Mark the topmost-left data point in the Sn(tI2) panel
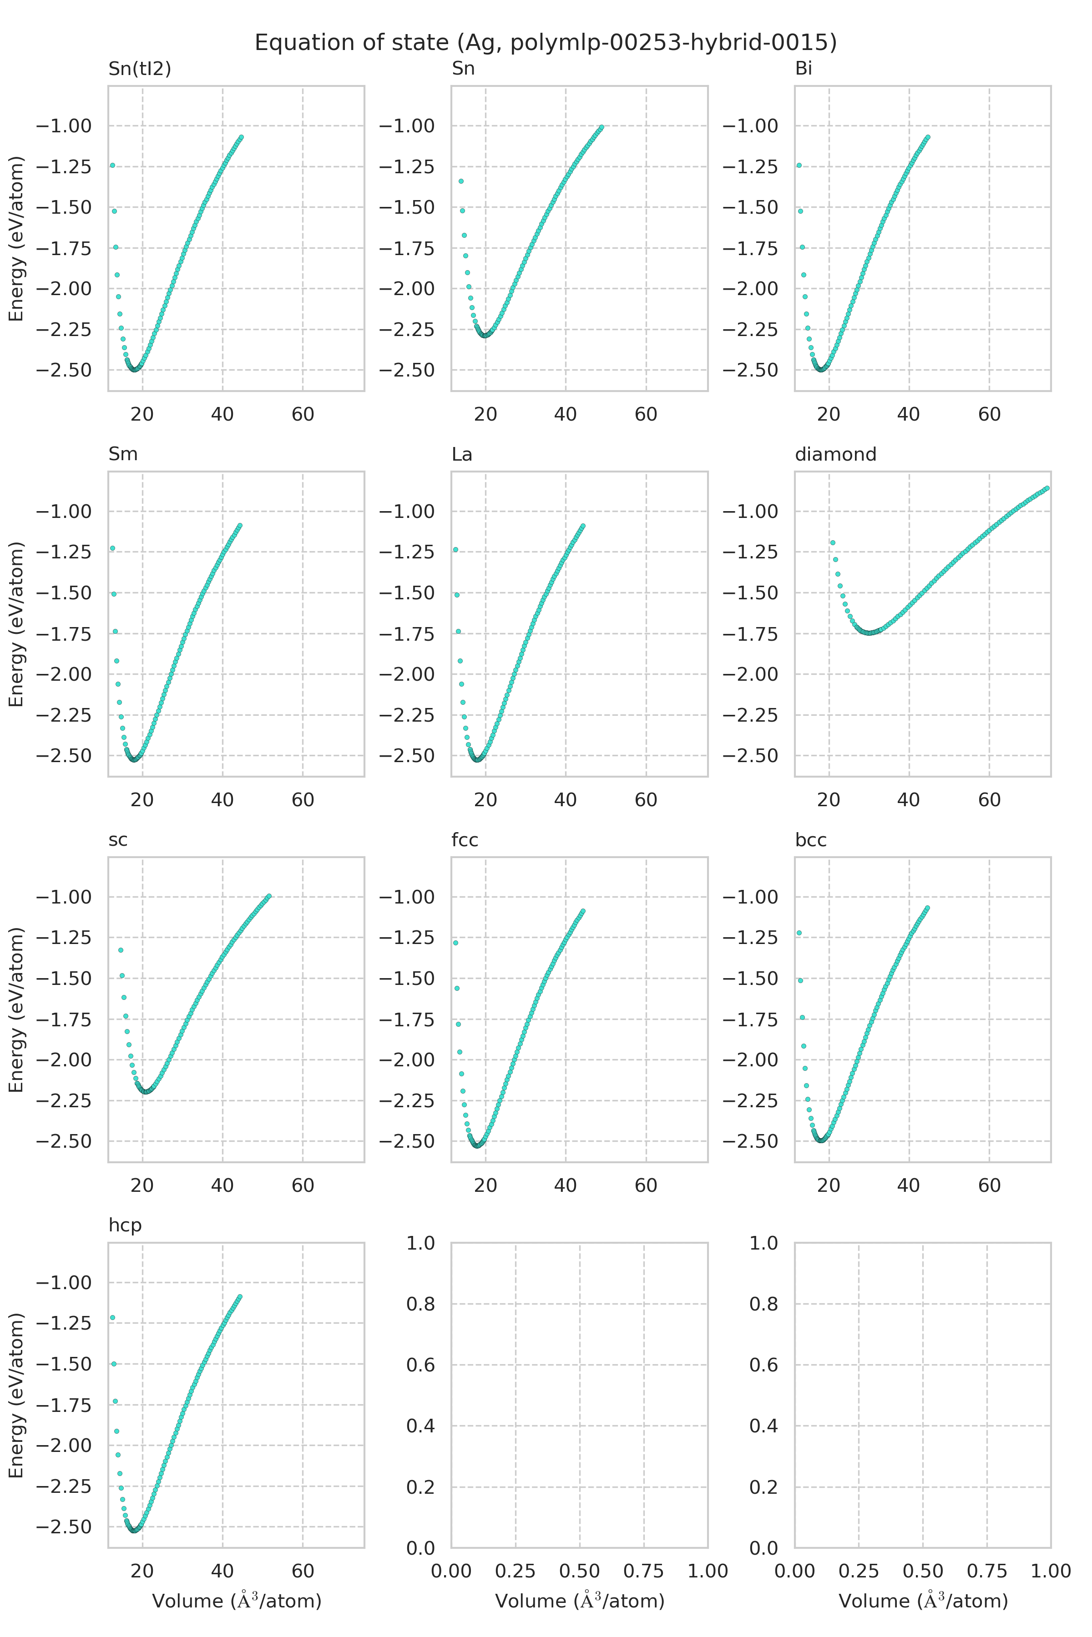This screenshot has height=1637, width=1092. tap(112, 166)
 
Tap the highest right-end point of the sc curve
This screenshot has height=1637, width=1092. tap(269, 896)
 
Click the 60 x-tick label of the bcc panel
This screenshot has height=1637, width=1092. tap(989, 1185)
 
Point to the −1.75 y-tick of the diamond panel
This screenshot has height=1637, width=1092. tap(750, 634)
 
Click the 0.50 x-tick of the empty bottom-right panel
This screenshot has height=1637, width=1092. tap(923, 1571)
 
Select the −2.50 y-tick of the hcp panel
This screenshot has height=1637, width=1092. tap(63, 1527)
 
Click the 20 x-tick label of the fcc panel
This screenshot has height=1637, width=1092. tap(485, 1185)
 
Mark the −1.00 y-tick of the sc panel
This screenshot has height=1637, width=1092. tap(63, 897)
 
